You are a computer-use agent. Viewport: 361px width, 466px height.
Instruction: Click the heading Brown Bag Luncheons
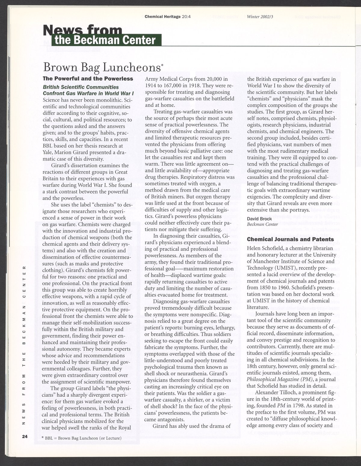tap(101, 67)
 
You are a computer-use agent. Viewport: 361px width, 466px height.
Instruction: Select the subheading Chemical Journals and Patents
tap(290, 239)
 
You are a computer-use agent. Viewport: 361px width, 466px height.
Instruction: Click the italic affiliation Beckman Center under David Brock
tap(259, 224)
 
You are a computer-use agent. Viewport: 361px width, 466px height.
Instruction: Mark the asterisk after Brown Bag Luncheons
tap(162, 64)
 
